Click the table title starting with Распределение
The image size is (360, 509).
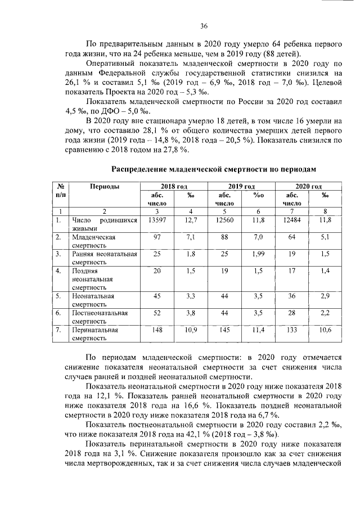pyautogui.click(x=214, y=168)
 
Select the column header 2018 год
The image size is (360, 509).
pyautogui.click(x=174, y=186)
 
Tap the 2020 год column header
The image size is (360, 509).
pyautogui.click(x=308, y=186)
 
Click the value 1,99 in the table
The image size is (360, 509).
pyautogui.click(x=258, y=254)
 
